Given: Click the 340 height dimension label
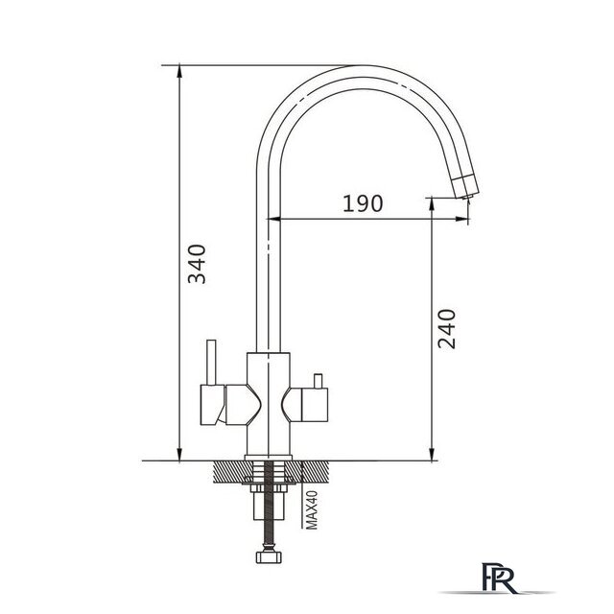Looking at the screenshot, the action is pos(197,264).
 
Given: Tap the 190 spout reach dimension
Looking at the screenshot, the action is pos(363,203).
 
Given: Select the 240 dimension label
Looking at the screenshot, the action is pos(447,329).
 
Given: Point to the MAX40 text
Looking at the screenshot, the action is pos(312,509).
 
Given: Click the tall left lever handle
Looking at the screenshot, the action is pos(211,363).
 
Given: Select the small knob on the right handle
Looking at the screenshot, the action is pos(318,381).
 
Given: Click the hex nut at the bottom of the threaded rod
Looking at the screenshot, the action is pos(269,556).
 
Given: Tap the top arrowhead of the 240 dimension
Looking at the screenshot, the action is pos(432,203).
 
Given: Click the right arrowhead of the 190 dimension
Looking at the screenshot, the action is pos(462,219).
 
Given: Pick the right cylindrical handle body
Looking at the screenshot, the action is pos(315,405).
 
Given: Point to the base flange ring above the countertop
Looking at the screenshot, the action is pos(269,458).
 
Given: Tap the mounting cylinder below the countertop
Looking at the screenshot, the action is pos(269,506).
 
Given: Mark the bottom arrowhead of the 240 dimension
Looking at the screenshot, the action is pos(432,455).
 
